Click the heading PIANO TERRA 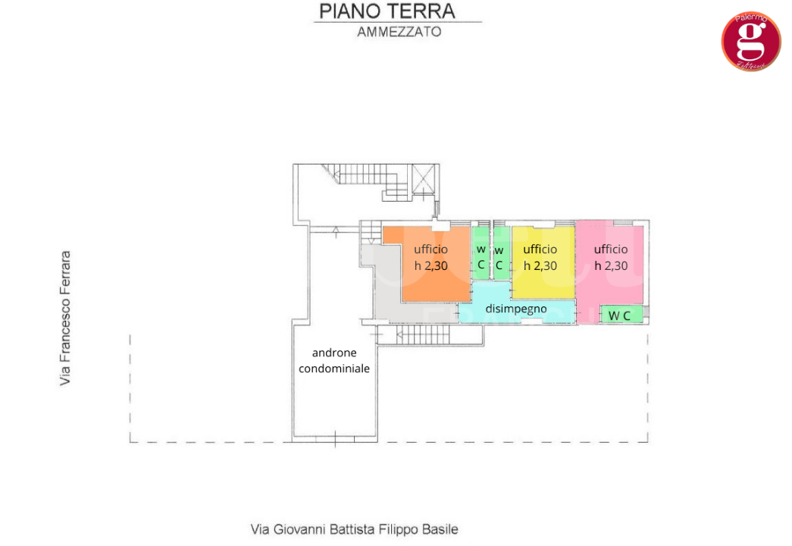coord(387,11)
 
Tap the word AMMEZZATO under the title coord(399,33)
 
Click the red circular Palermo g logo coord(750,42)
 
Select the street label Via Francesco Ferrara coord(66,318)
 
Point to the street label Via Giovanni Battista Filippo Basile coord(355,529)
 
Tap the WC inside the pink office coord(620,315)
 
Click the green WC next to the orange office coord(481,257)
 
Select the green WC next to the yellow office coord(499,258)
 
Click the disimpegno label coord(515,309)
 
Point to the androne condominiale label coord(334,361)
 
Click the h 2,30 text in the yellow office coord(540,266)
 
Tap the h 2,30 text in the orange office coord(430,266)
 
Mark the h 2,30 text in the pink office coord(611,266)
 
